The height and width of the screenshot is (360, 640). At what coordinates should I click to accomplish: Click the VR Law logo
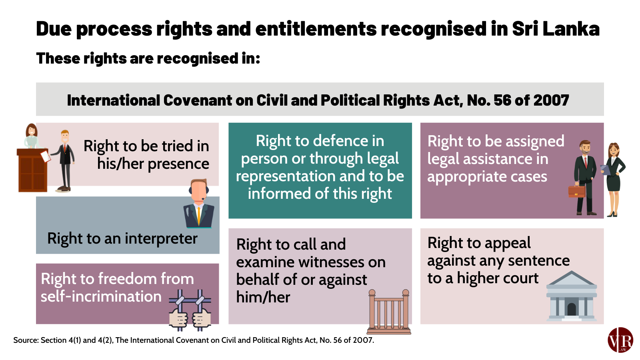pos(620,340)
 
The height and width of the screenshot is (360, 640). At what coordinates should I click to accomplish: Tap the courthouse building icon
pos(572,296)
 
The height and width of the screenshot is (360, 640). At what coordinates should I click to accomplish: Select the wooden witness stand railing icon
pos(389,312)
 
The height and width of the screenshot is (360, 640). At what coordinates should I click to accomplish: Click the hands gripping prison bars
pos(190,310)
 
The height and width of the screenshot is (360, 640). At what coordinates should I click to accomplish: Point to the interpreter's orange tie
pos(198,216)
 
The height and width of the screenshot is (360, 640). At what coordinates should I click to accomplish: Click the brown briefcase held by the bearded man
pos(576,191)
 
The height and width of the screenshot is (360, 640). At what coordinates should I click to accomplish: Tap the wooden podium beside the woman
pos(32,170)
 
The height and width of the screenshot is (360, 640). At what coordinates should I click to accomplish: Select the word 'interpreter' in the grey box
pos(161,238)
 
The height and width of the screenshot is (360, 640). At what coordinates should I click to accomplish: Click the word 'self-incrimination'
pos(101,296)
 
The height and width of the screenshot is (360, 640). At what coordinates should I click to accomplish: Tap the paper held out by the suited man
pos(46,156)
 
